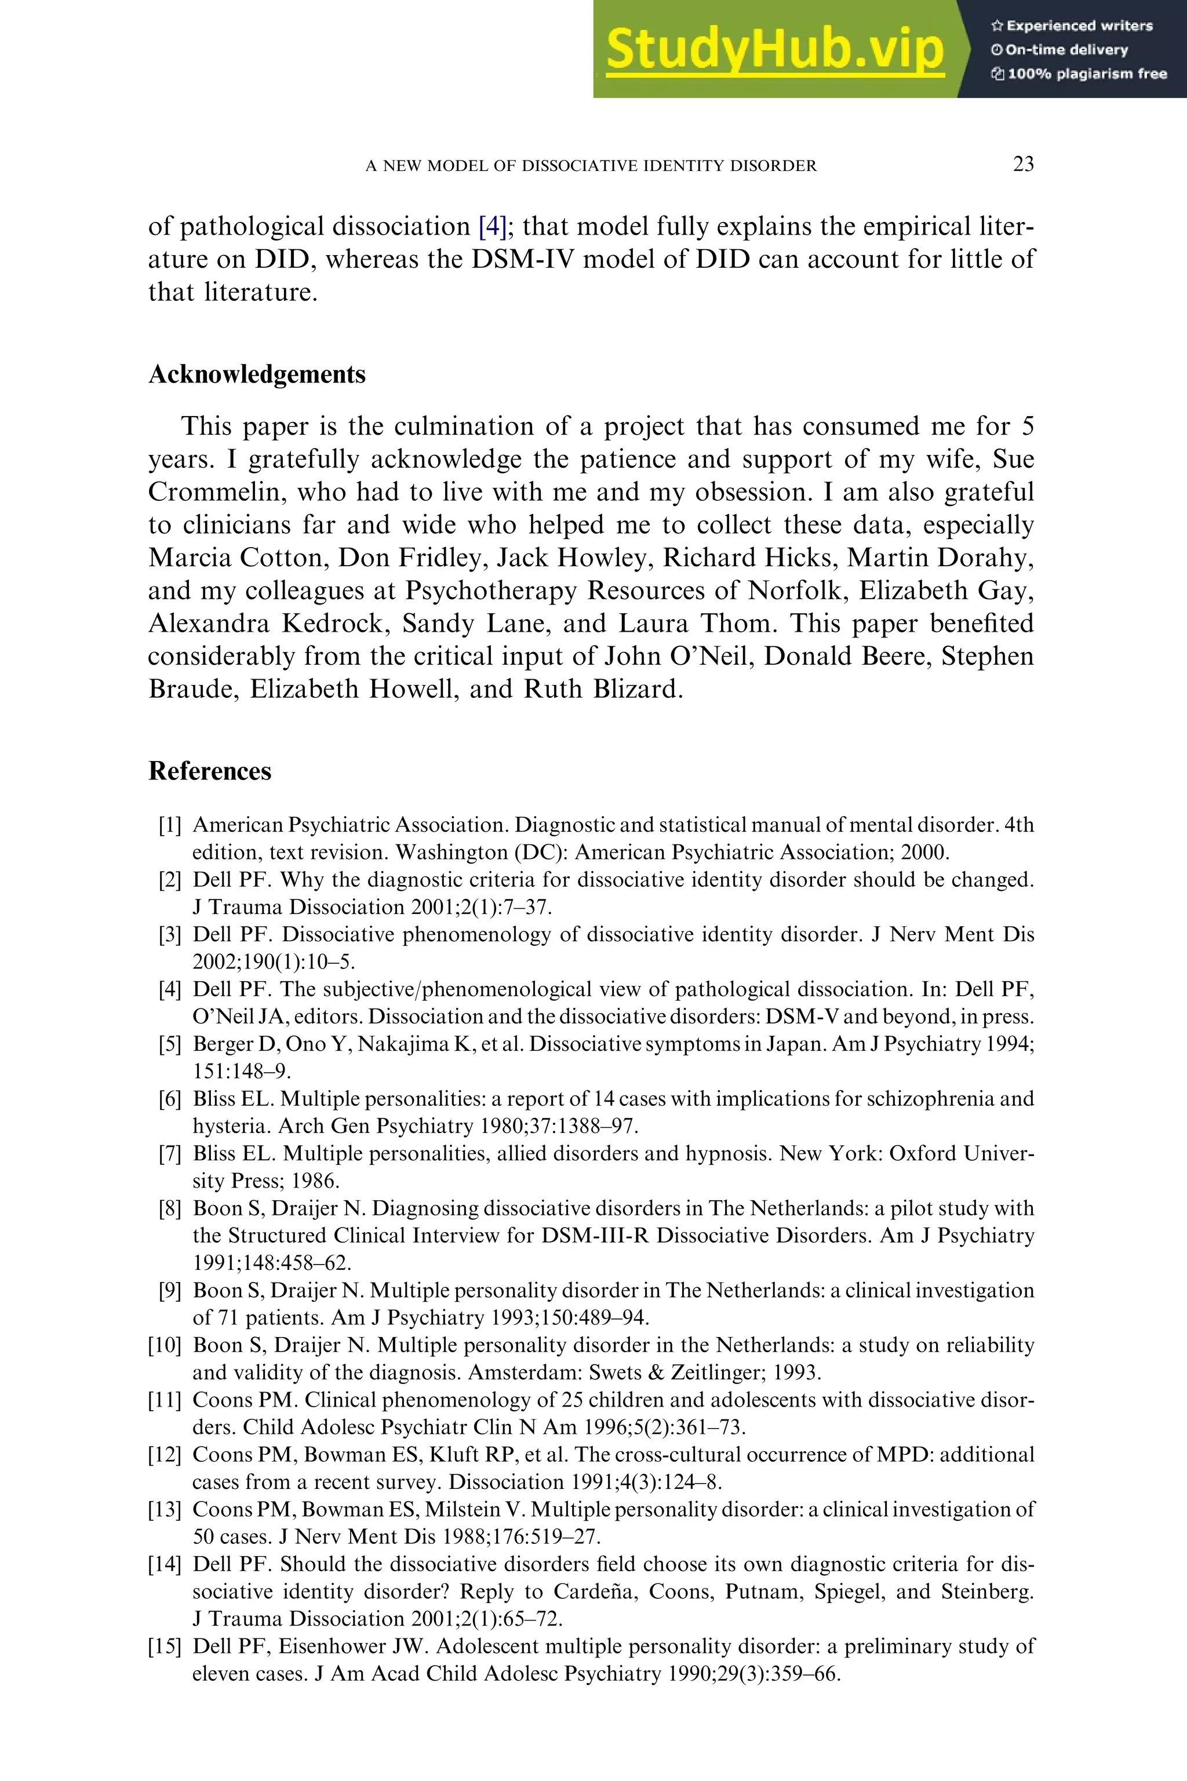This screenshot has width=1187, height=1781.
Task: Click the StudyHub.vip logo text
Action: click(x=774, y=50)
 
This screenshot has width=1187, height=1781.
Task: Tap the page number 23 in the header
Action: click(x=1023, y=164)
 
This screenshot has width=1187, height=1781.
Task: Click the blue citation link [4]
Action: click(x=492, y=226)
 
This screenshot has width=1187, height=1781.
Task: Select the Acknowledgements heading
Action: click(x=257, y=374)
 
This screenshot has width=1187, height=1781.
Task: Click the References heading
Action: click(x=210, y=771)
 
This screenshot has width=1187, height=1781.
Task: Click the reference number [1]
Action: click(x=170, y=825)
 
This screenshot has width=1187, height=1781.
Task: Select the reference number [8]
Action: click(x=170, y=1209)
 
